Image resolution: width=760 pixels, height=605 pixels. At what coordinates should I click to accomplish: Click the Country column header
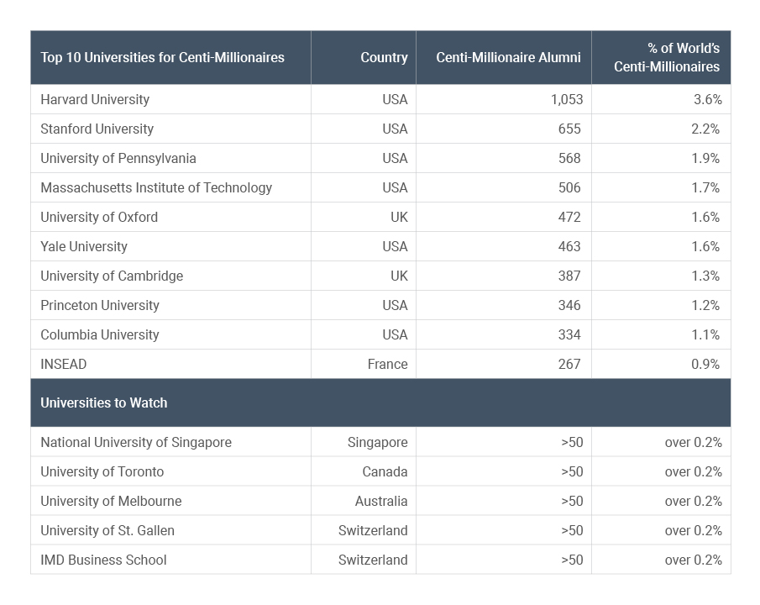point(384,58)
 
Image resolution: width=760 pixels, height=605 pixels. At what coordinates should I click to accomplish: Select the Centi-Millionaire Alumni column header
point(508,58)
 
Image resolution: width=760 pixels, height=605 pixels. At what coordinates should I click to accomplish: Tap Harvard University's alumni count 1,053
point(567,99)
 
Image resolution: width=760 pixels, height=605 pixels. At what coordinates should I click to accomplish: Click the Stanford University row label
point(97,129)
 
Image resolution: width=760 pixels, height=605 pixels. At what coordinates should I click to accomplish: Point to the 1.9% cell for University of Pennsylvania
point(705,158)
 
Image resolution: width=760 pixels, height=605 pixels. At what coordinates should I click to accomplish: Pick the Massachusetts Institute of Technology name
point(156,187)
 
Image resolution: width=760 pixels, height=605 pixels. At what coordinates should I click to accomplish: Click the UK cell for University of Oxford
point(399,217)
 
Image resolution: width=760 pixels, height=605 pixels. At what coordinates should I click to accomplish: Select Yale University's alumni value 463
point(569,246)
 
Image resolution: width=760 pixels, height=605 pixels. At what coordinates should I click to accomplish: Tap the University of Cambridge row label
point(112,276)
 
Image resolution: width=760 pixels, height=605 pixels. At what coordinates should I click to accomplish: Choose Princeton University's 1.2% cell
point(705,305)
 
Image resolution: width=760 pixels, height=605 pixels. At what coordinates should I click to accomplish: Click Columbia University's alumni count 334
point(569,334)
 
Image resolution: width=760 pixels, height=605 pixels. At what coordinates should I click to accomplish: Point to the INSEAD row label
point(64,364)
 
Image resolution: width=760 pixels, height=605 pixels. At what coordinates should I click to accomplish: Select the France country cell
point(387,364)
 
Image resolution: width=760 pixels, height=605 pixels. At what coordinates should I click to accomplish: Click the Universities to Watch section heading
point(104,402)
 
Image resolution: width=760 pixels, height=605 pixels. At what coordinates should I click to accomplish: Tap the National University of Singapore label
point(136,442)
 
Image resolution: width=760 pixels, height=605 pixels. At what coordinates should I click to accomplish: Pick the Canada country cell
point(385,471)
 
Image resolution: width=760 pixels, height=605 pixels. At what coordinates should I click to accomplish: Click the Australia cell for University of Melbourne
point(381,501)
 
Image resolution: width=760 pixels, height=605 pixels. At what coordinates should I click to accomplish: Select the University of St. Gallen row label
point(107,530)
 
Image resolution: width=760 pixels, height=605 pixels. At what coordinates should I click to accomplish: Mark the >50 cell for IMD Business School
point(572,560)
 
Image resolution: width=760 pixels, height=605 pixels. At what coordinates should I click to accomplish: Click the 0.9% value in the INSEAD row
point(705,364)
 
